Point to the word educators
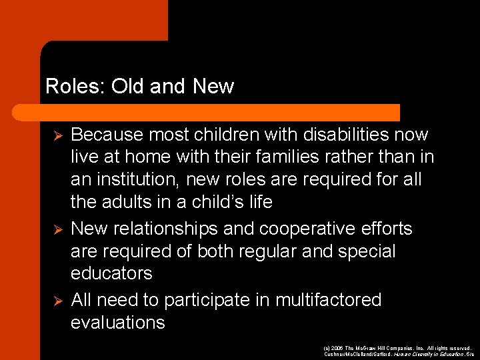[111, 273]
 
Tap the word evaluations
[117, 323]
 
